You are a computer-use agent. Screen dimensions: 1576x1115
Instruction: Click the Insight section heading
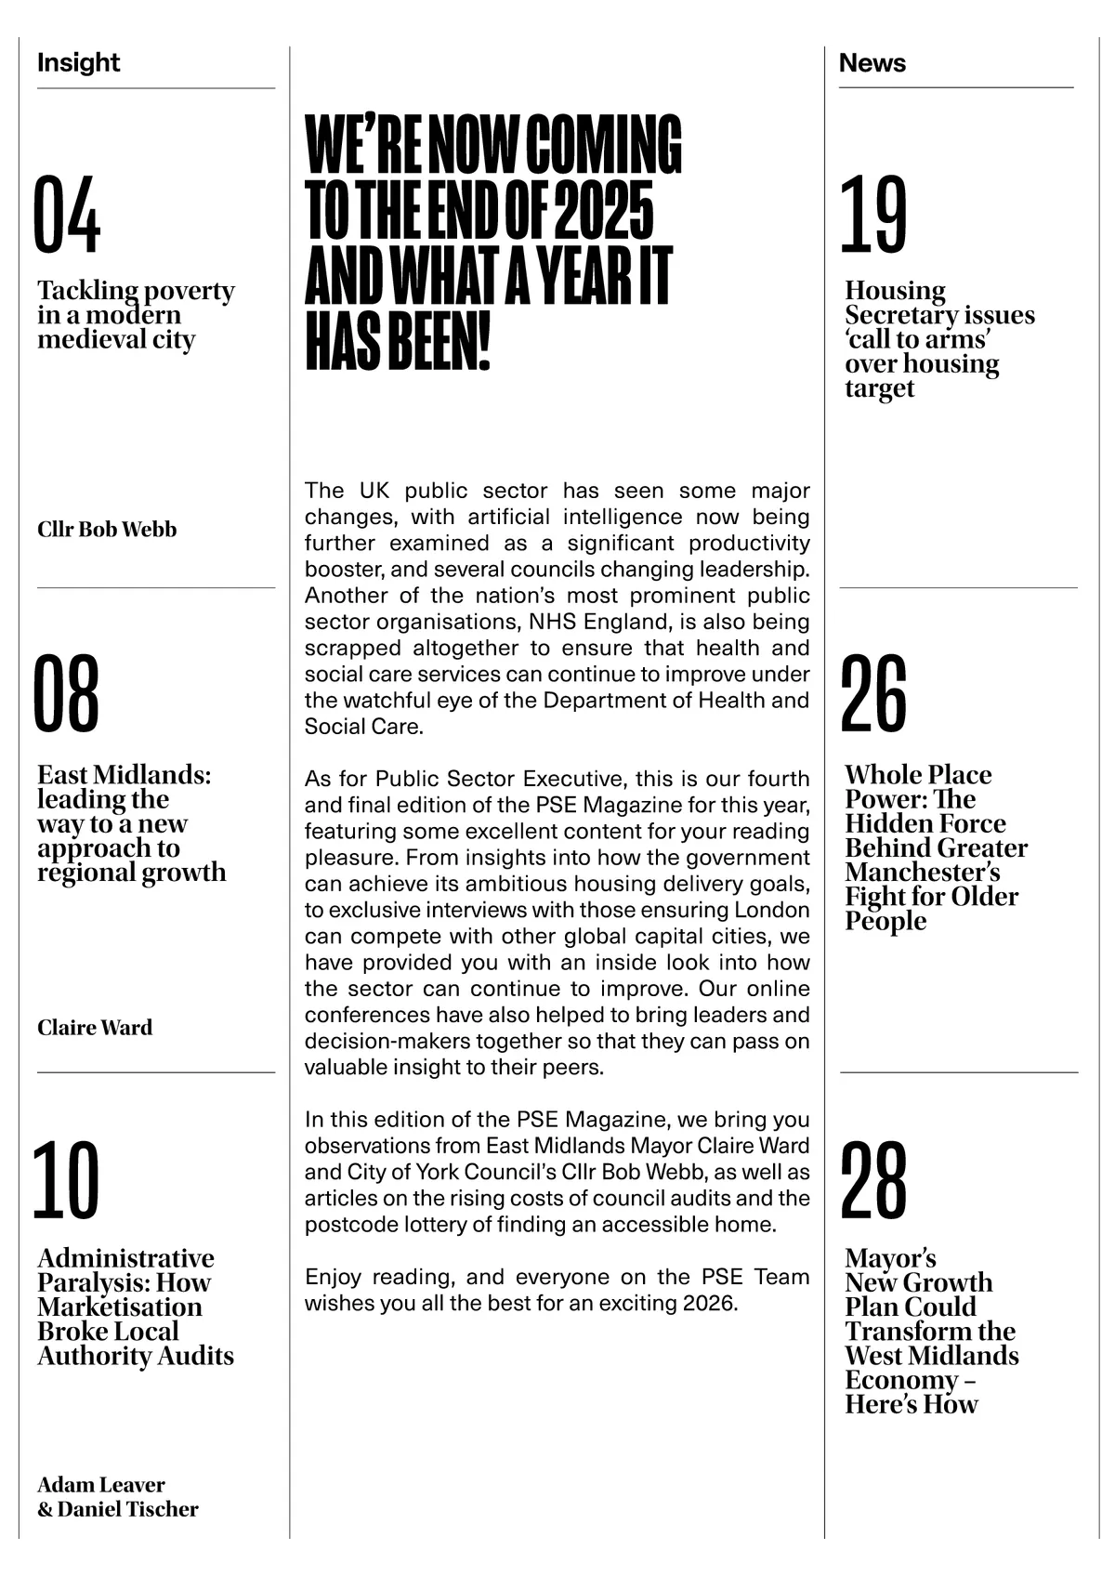(79, 63)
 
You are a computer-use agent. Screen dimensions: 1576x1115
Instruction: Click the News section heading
(872, 63)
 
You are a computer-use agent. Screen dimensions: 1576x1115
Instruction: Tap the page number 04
(67, 216)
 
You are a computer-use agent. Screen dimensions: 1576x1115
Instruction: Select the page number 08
(67, 693)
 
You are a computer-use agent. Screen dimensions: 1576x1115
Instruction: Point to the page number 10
(67, 1180)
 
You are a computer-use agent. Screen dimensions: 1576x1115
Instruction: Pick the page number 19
(873, 216)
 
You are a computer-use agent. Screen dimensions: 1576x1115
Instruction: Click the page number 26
(873, 693)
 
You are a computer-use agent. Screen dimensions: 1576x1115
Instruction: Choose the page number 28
(873, 1180)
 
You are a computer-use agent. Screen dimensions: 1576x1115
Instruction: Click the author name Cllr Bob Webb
(107, 530)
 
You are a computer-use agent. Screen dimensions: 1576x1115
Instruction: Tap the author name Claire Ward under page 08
(95, 1028)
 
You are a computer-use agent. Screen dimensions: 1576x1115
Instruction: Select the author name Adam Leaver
(101, 1485)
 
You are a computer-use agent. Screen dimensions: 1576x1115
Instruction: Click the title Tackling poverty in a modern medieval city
(135, 315)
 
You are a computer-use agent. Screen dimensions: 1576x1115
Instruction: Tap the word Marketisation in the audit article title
(120, 1307)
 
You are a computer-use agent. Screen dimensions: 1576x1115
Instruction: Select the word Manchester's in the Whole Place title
(923, 873)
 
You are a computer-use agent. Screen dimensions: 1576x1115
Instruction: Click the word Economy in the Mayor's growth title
(901, 1380)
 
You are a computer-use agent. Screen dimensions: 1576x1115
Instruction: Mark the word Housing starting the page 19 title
(895, 291)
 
